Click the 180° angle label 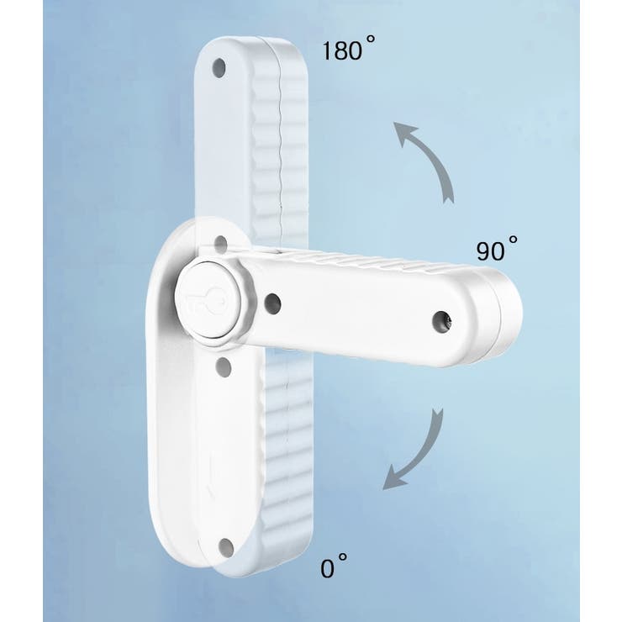[348, 49]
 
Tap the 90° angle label [496, 249]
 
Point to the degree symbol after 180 [370, 40]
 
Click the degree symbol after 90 [513, 240]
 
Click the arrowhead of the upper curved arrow [403, 133]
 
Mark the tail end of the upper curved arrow [449, 199]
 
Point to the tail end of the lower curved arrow [438, 413]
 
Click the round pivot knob [208, 300]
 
